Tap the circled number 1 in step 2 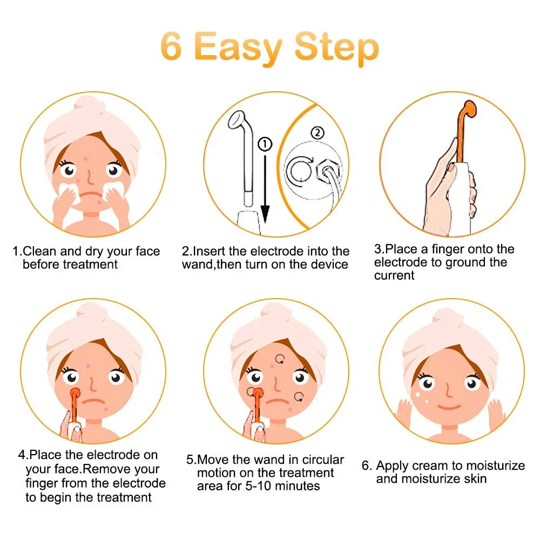pyautogui.click(x=266, y=144)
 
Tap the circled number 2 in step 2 pyautogui.click(x=318, y=132)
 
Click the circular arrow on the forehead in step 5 pyautogui.click(x=281, y=357)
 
